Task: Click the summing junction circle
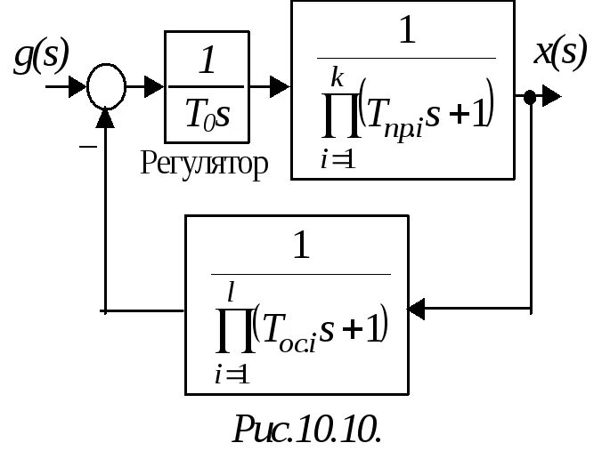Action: pos(107,87)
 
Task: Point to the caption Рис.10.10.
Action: pos(306,429)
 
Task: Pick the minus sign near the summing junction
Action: pos(87,144)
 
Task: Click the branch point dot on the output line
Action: pos(530,96)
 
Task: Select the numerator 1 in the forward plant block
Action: pos(406,32)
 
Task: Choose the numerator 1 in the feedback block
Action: pos(301,246)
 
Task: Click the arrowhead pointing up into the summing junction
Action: pos(107,116)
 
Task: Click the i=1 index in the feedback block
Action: pos(230,374)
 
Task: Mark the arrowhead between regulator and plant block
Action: pos(280,87)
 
